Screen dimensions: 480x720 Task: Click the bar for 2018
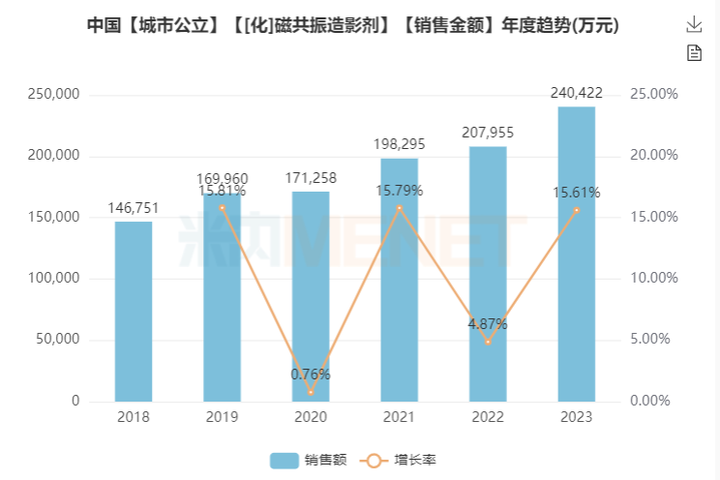pos(134,311)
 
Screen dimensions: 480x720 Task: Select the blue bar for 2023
pos(576,254)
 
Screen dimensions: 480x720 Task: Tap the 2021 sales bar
pos(399,280)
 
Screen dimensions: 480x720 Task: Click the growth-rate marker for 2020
pos(311,392)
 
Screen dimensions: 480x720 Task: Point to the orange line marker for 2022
pos(488,342)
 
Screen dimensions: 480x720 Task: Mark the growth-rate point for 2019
pos(222,207)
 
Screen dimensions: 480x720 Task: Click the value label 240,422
pos(576,93)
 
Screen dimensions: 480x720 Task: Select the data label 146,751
pos(134,208)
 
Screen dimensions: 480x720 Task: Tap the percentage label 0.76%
pos(311,375)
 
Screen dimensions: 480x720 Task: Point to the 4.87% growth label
pos(488,324)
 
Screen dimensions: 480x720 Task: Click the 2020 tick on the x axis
pos(311,417)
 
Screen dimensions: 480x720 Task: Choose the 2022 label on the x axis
pos(488,417)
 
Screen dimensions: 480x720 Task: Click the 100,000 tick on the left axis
pos(57,279)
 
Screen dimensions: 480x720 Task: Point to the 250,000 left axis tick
pos(57,95)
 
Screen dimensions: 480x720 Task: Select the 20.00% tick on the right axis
pos(654,156)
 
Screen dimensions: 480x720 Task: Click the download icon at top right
pos(694,24)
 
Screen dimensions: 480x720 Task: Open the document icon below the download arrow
pos(694,53)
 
